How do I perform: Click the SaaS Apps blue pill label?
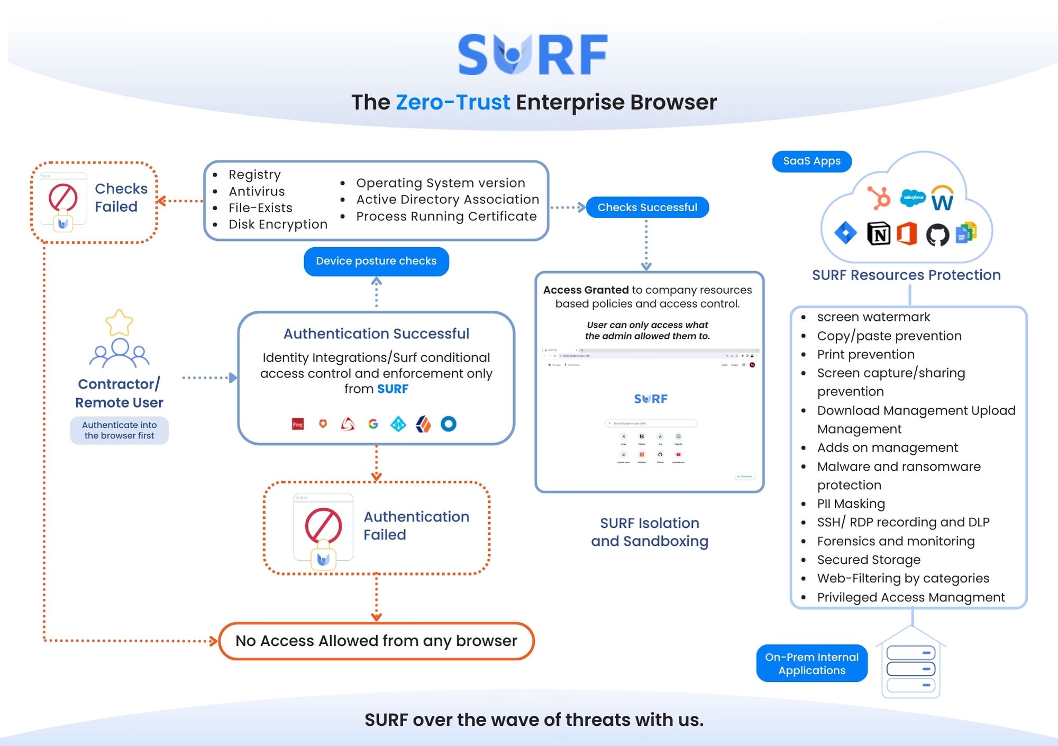click(x=811, y=161)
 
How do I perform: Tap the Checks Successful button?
click(x=647, y=207)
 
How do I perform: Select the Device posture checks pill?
click(x=376, y=261)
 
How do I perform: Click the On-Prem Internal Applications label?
click(x=811, y=663)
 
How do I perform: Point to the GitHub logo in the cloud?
click(x=937, y=235)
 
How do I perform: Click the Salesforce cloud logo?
click(x=913, y=197)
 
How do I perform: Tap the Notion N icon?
click(x=879, y=233)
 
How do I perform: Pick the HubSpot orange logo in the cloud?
click(x=880, y=198)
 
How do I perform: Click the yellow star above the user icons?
click(x=119, y=322)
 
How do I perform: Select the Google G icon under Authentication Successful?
click(x=373, y=424)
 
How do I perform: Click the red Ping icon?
click(x=298, y=424)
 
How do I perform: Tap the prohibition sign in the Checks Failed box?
click(x=63, y=197)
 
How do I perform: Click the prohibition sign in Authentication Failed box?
click(x=323, y=525)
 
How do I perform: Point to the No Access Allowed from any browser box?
click(x=376, y=641)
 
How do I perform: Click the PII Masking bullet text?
click(x=851, y=504)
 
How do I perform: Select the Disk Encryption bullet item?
click(x=278, y=224)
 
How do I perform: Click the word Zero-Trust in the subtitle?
click(x=453, y=102)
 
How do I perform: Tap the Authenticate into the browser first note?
click(x=119, y=430)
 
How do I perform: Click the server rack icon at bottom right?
click(x=910, y=668)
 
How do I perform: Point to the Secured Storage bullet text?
click(x=869, y=560)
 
